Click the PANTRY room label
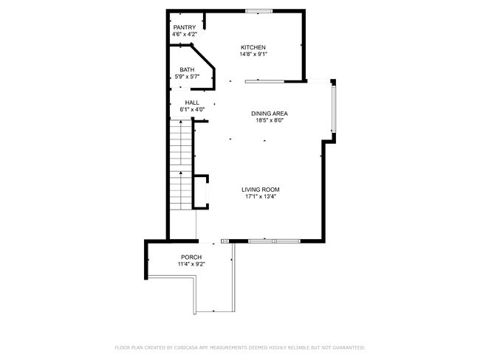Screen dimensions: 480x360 pyautogui.click(x=185, y=27)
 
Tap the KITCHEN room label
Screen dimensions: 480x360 pyautogui.click(x=253, y=47)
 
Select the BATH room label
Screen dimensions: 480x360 pyautogui.click(x=187, y=70)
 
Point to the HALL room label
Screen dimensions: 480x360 pyautogui.click(x=192, y=103)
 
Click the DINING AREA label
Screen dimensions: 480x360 pyautogui.click(x=270, y=114)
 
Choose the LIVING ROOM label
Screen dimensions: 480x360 pyautogui.click(x=261, y=190)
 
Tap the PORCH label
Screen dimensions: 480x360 pyautogui.click(x=191, y=257)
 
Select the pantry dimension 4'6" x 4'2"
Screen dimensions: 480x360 pyautogui.click(x=185, y=34)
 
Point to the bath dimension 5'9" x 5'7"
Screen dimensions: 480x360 pyautogui.click(x=187, y=77)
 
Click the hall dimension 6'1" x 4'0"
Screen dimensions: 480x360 pyautogui.click(x=192, y=109)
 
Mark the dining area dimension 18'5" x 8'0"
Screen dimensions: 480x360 pyautogui.click(x=270, y=120)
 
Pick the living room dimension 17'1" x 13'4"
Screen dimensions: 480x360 pyautogui.click(x=261, y=197)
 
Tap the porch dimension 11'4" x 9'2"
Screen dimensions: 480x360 pyautogui.click(x=191, y=264)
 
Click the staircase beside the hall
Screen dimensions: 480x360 pyautogui.click(x=181, y=165)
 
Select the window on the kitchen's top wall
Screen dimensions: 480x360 pyautogui.click(x=258, y=11)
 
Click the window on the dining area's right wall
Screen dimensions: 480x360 pyautogui.click(x=334, y=109)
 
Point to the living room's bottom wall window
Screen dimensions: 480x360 pyautogui.click(x=274, y=241)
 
